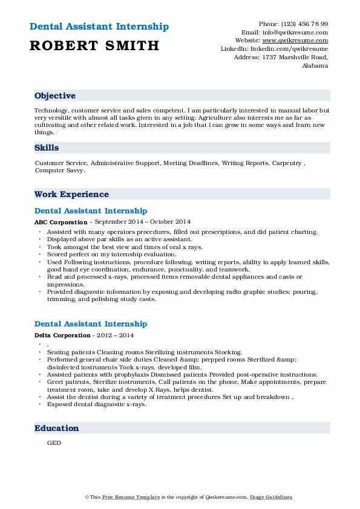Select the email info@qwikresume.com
point(299,32)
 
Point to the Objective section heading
point(55,96)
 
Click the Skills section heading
point(47,148)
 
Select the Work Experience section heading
point(71,194)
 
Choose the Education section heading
point(57,428)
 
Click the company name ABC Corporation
point(61,222)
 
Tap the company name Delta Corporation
point(63,336)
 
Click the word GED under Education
point(54,443)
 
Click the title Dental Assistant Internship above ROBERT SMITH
point(99,27)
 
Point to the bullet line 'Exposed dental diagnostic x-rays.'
point(97,404)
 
